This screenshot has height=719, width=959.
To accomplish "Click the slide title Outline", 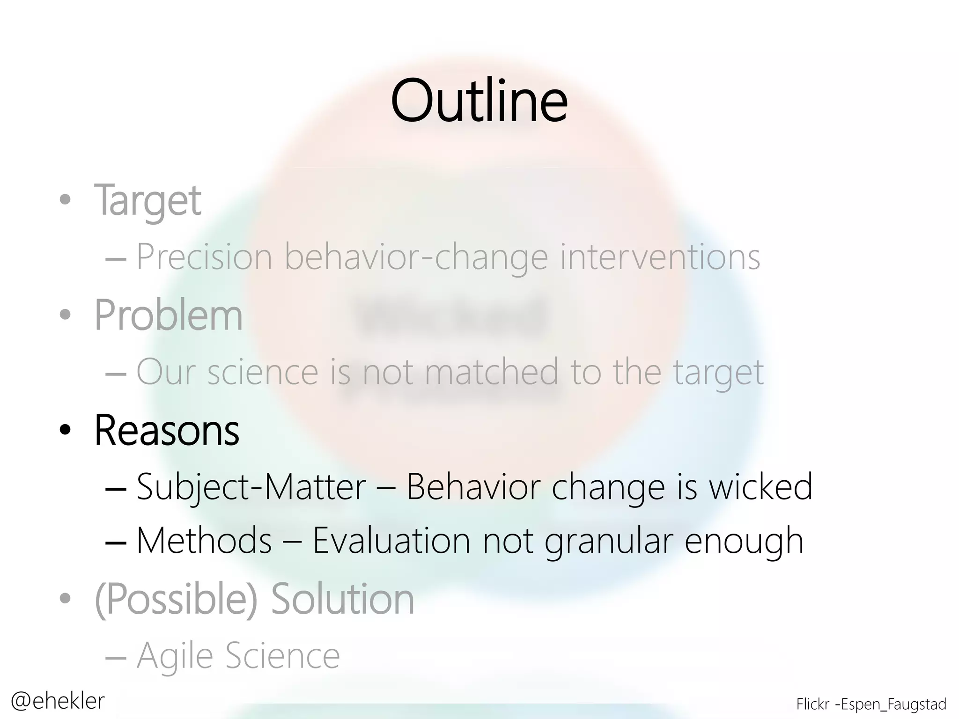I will coord(479,101).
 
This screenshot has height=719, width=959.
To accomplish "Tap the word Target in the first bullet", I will coord(148,201).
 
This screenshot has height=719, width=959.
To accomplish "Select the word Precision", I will coord(204,257).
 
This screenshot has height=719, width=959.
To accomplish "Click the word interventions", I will coord(660,257).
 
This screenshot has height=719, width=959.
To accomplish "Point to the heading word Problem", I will coord(169,315).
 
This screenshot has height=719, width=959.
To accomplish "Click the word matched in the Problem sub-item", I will coord(492,372).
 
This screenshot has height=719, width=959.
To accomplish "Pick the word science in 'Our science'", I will coord(263,372).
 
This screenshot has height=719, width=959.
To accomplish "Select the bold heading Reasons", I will coord(167,430).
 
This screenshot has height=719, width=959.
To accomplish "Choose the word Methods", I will coord(204,541).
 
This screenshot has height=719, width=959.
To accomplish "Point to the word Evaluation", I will coord(391,541).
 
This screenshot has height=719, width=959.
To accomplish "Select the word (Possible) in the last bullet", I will coord(176,600).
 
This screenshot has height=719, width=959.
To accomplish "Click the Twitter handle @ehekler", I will coord(58,701).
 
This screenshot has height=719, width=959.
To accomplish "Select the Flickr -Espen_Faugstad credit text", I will coord(871,704).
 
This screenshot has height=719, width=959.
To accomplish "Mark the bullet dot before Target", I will coord(65,200).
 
